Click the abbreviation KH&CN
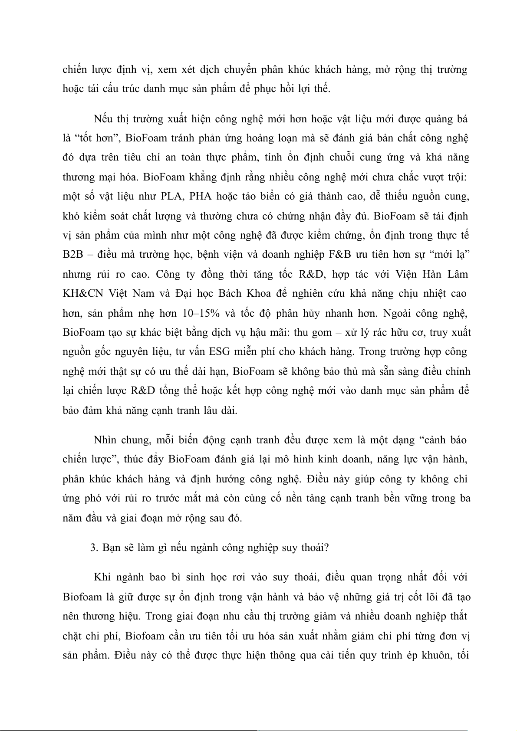pyautogui.click(x=81, y=294)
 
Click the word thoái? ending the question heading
pyautogui.click(x=315, y=547)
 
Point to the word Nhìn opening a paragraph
pyautogui.click(x=105, y=440)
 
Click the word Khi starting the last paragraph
pyautogui.click(x=102, y=577)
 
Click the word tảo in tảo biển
pyautogui.click(x=254, y=197)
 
